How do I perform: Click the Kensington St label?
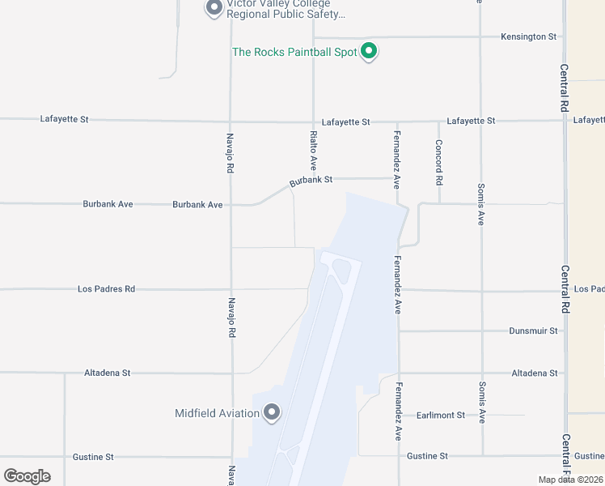click(x=529, y=37)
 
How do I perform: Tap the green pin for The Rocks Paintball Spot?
click(x=369, y=51)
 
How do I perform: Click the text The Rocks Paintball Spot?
click(x=294, y=52)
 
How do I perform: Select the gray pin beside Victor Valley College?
click(x=214, y=8)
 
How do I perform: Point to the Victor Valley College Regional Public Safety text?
click(x=286, y=9)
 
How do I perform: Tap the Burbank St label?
click(x=311, y=180)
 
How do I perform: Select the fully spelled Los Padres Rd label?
click(x=106, y=289)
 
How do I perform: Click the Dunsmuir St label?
click(x=534, y=331)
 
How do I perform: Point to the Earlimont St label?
click(x=441, y=416)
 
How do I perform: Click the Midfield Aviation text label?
click(x=217, y=413)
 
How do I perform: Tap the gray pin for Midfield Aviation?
click(x=272, y=412)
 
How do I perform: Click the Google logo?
click(x=27, y=476)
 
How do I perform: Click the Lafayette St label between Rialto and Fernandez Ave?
click(x=345, y=122)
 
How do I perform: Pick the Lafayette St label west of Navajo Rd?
click(x=64, y=119)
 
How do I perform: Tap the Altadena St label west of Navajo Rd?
click(x=108, y=373)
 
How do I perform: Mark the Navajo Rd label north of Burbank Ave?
click(x=231, y=153)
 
